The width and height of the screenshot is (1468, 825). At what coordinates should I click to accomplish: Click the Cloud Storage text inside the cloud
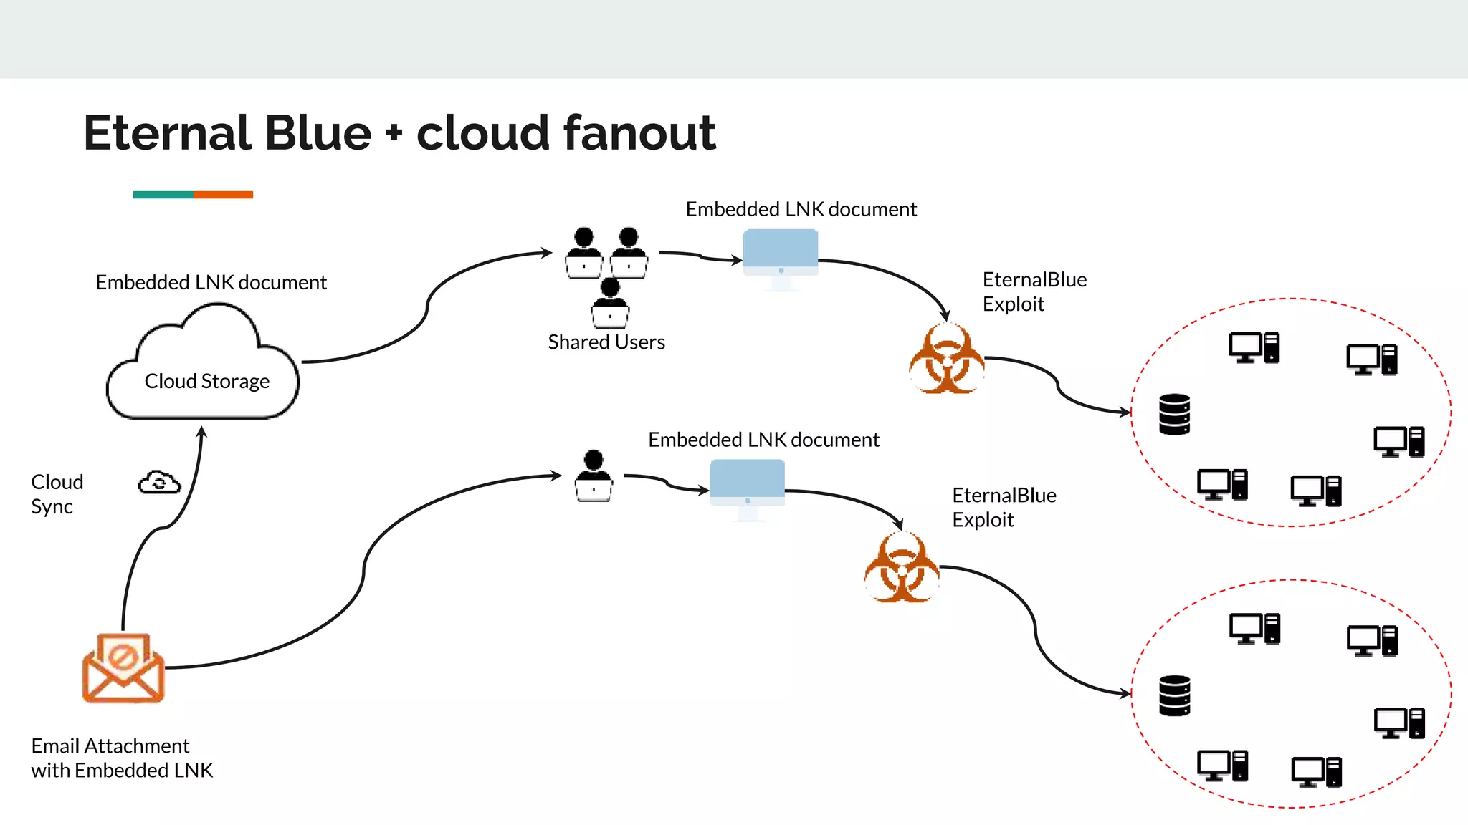[x=207, y=381]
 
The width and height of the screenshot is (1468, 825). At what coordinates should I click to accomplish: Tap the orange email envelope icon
[x=123, y=668]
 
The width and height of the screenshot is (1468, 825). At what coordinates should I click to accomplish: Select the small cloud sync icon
[x=159, y=483]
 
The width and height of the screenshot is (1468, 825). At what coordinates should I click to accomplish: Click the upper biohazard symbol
[x=946, y=359]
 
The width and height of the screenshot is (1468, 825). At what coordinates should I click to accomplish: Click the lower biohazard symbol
[x=902, y=569]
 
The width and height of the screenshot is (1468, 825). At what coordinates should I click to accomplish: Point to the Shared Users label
[x=606, y=342]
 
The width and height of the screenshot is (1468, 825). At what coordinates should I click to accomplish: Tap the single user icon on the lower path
[x=594, y=476]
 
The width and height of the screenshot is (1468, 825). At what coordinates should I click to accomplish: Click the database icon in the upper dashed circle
[x=1174, y=414]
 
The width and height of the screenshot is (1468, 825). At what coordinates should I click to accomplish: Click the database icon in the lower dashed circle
[x=1174, y=695]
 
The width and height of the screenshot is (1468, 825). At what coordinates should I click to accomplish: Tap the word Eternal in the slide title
[x=167, y=133]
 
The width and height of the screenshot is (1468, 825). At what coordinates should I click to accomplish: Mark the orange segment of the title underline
[x=223, y=195]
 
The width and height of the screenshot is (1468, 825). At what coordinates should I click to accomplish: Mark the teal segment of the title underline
[x=163, y=195]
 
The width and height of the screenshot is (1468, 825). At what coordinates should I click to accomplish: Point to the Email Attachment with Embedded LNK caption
[x=122, y=758]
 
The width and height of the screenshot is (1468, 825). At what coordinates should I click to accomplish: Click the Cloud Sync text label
[x=57, y=494]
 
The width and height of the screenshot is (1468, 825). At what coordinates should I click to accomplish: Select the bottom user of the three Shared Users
[x=610, y=304]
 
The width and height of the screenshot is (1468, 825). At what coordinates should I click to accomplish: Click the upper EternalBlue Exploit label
[x=1034, y=291]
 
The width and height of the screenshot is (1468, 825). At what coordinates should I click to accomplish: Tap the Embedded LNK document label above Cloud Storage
[x=211, y=282]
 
